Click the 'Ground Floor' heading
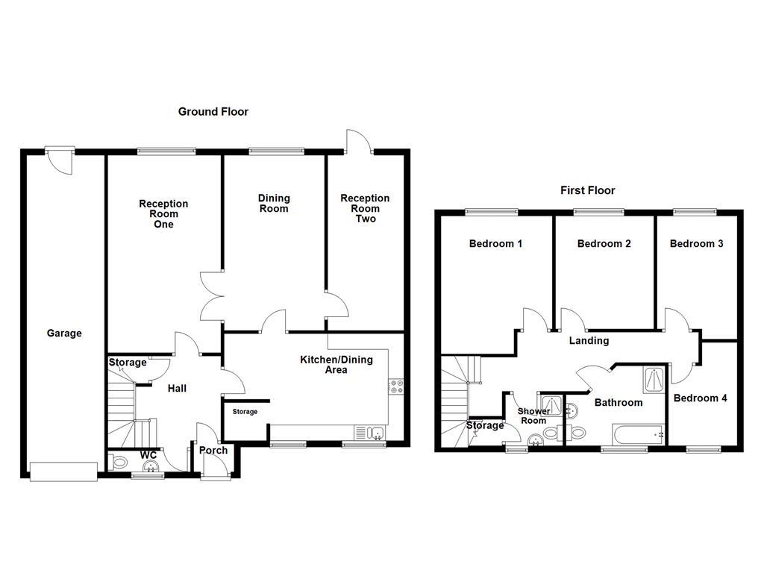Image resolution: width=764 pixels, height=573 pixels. (x=213, y=112)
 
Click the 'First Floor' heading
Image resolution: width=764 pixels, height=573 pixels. (x=588, y=190)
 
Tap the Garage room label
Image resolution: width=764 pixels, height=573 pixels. (x=64, y=334)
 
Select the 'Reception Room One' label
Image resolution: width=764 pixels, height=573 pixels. (x=163, y=213)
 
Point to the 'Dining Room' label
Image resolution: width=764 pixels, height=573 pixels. (x=274, y=203)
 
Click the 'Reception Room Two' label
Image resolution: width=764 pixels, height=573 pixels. (x=365, y=208)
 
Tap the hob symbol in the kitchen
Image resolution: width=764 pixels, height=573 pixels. (x=395, y=386)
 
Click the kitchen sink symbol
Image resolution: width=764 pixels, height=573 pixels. (x=369, y=433)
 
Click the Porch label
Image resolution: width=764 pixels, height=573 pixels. (x=213, y=450)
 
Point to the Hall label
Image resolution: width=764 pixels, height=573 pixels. (x=177, y=389)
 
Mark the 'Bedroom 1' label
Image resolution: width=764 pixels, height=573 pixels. (x=495, y=244)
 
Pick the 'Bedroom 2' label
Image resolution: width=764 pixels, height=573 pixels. (x=604, y=244)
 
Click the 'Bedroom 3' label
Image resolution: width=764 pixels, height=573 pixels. (x=696, y=244)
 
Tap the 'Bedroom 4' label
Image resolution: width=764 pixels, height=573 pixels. (x=700, y=398)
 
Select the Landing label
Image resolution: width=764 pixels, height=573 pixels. (x=589, y=341)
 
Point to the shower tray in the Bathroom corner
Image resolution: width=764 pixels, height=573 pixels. (x=654, y=380)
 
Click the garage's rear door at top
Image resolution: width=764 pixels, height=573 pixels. (x=57, y=158)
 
